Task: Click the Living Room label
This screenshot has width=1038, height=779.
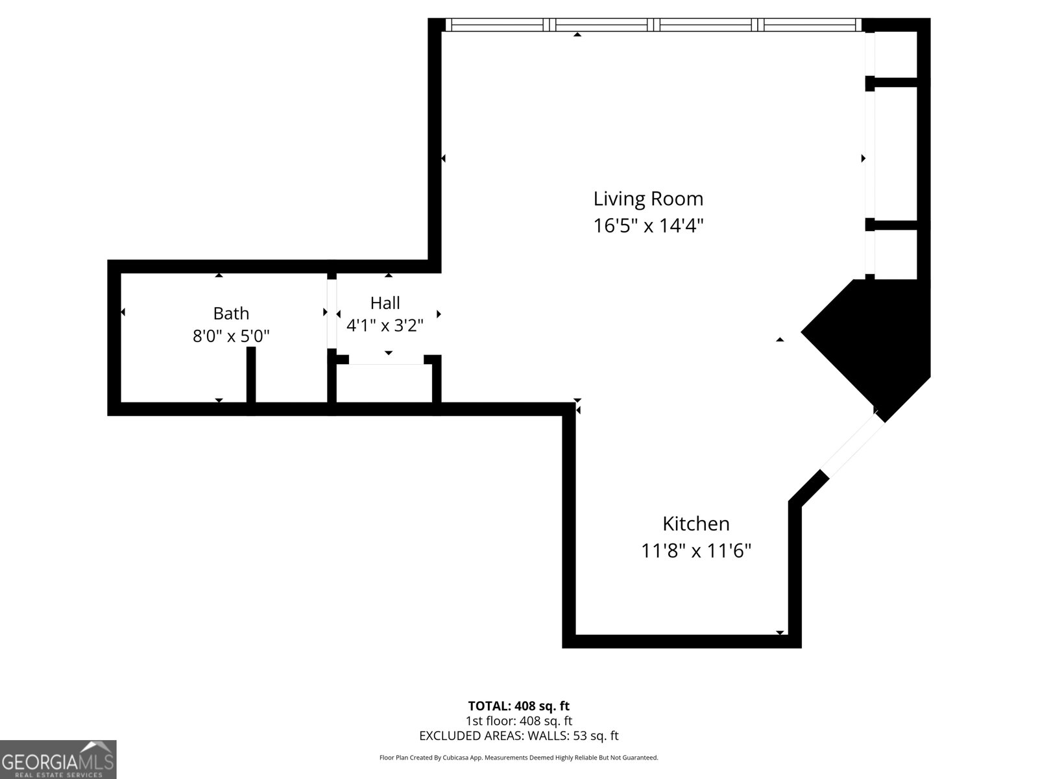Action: point(648,198)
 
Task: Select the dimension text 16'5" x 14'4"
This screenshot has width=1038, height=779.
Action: point(648,226)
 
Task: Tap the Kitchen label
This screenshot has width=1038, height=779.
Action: point(695,523)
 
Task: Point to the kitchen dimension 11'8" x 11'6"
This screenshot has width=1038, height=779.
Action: point(695,551)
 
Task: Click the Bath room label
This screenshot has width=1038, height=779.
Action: point(231,314)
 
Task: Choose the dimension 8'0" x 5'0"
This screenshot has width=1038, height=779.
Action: point(231,336)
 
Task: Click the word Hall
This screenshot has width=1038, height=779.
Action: point(385,303)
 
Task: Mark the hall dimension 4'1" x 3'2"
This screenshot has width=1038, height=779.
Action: point(385,325)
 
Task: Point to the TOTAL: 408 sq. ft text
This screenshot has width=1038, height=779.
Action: point(518,706)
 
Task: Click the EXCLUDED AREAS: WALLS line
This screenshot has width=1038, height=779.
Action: point(518,736)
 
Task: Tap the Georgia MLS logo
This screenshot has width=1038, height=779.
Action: point(58,760)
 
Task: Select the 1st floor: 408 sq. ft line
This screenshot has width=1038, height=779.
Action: point(518,721)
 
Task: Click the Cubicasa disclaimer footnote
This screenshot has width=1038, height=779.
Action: point(518,758)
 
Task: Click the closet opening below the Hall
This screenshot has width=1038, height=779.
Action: point(386,364)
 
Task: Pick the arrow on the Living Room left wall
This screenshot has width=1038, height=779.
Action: point(444,158)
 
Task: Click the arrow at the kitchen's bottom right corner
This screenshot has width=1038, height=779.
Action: point(780,632)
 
